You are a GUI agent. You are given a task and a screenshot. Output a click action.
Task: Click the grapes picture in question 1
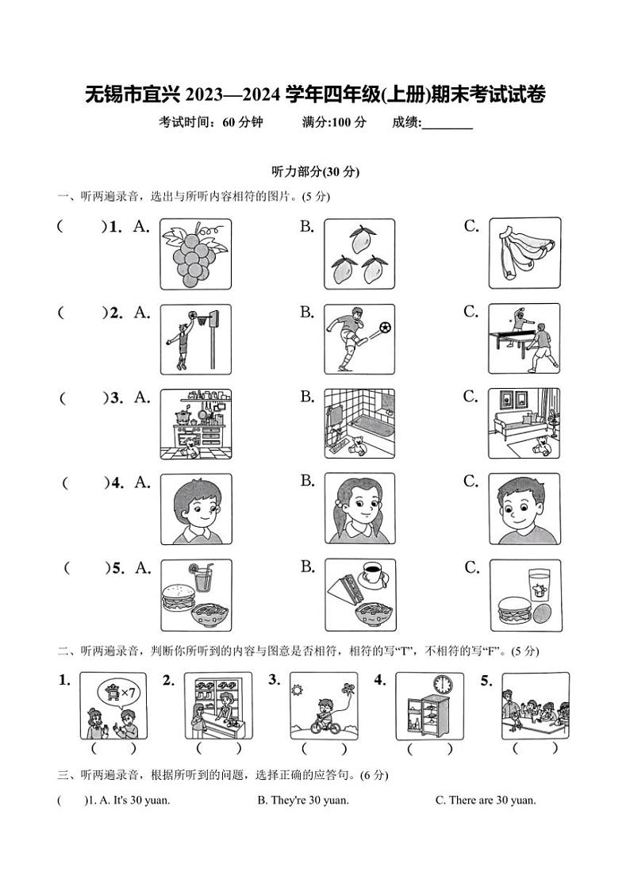[x=195, y=253]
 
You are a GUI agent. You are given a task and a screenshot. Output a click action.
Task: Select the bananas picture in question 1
[x=524, y=253]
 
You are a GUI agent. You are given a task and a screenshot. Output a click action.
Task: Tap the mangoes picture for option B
[x=359, y=253]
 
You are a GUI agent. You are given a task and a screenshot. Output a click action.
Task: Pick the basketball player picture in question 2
[x=195, y=339]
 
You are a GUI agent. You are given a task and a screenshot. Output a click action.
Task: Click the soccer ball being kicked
[x=386, y=326]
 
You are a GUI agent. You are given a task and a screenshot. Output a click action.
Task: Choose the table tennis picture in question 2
[x=524, y=339]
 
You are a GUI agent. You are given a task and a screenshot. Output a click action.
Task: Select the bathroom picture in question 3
[x=359, y=424]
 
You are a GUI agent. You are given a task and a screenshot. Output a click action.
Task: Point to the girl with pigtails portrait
[x=359, y=509]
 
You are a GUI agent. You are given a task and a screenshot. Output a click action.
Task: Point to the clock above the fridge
[x=442, y=684]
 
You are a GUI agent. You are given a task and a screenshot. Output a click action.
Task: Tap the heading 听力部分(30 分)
[x=316, y=171]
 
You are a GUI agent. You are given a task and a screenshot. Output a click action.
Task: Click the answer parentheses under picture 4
[x=429, y=748]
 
